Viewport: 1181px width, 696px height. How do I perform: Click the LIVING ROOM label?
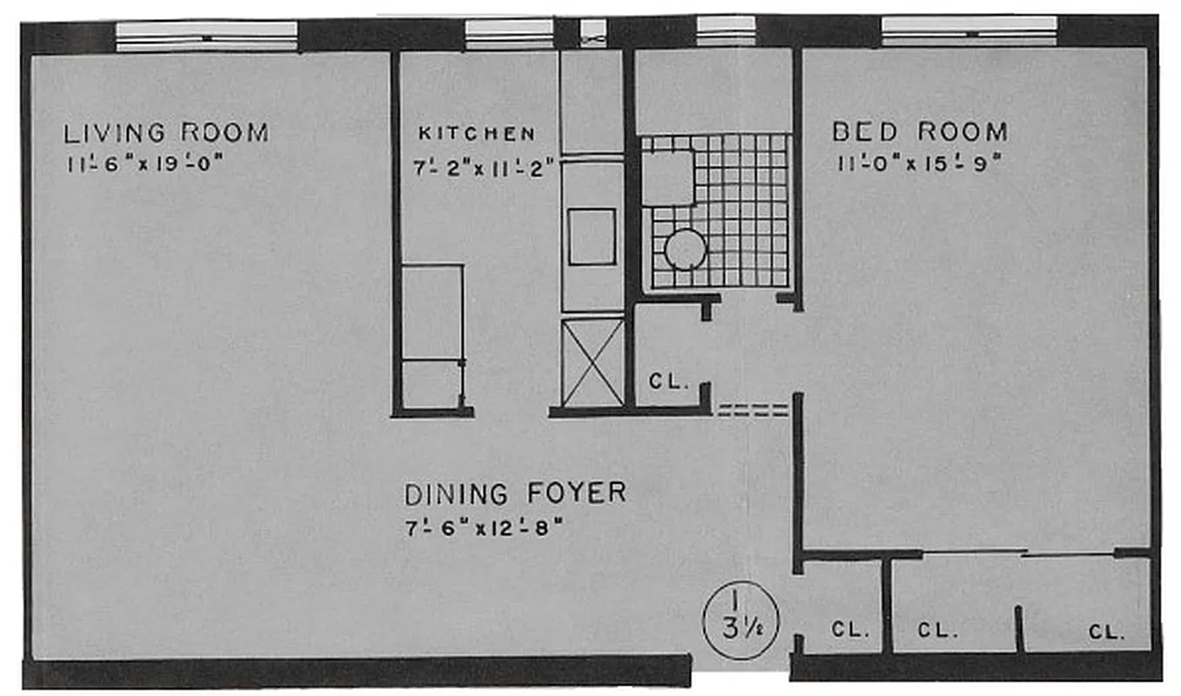[x=166, y=133]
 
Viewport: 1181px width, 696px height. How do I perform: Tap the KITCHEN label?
[x=477, y=133]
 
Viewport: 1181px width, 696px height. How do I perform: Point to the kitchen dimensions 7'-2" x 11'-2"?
[x=485, y=167]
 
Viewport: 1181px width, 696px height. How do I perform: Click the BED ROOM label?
[x=920, y=132]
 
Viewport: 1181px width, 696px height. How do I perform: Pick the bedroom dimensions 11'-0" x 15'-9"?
[x=917, y=164]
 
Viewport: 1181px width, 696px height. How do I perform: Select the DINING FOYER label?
[x=515, y=493]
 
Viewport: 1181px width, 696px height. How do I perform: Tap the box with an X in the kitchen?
[x=592, y=362]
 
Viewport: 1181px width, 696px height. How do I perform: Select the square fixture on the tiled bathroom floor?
[x=667, y=177]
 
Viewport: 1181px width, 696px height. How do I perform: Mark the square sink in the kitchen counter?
[x=592, y=236]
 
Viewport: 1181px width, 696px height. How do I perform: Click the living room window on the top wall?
[x=207, y=37]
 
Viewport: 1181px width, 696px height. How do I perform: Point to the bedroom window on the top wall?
[x=969, y=31]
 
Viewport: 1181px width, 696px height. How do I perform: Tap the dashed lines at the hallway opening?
[x=752, y=410]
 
